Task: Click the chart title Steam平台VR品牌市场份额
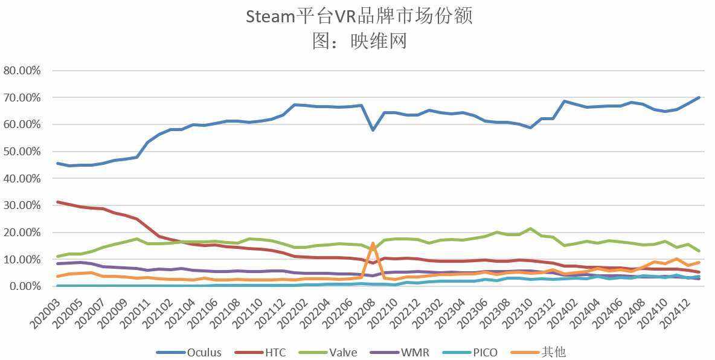click(359, 16)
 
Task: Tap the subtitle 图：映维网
click(359, 40)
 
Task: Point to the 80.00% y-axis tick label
click(22, 71)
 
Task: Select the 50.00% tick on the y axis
click(22, 152)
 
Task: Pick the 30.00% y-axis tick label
click(22, 205)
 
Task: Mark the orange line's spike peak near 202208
click(373, 243)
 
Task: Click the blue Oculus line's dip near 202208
click(373, 130)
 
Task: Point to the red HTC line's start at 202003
click(57, 202)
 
